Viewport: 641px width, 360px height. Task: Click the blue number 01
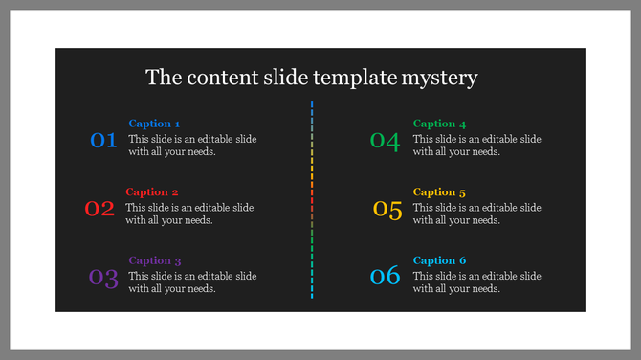[x=103, y=141]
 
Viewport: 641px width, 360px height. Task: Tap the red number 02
[x=99, y=209]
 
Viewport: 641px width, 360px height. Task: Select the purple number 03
[x=103, y=279]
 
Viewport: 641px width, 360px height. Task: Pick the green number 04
[x=385, y=141]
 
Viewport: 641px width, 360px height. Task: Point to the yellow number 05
[x=387, y=210]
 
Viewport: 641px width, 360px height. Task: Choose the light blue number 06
[x=385, y=277]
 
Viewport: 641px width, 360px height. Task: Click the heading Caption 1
[x=154, y=124]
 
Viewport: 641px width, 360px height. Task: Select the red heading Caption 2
[x=152, y=191]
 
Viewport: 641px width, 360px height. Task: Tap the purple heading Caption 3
[x=155, y=260]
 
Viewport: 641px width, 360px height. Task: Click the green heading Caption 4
[x=440, y=124]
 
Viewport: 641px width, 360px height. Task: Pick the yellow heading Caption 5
[x=440, y=192]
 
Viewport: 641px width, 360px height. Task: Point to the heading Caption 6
[x=440, y=260]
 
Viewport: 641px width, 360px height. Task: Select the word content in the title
[x=220, y=77]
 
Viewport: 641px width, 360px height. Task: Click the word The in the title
[x=163, y=77]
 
